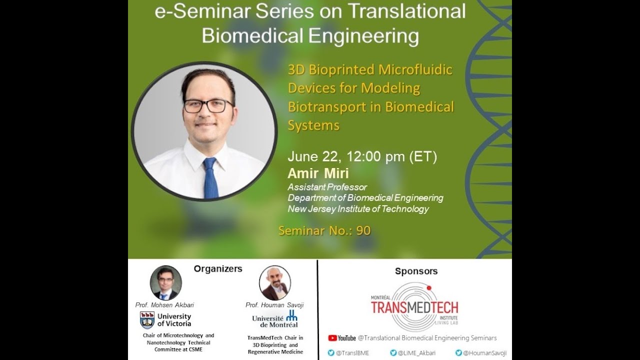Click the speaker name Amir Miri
tap(318, 173)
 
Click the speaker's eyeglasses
tap(208, 105)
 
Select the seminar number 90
tap(363, 230)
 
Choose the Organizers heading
tap(218, 269)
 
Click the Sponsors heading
tap(416, 271)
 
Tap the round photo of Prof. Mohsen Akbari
tap(166, 282)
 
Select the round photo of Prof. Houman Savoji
tap(275, 282)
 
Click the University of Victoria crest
tap(147, 320)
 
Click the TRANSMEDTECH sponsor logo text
tap(414, 306)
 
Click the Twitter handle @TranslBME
tap(352, 353)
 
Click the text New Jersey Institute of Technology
tap(358, 209)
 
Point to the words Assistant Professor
tap(327, 187)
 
